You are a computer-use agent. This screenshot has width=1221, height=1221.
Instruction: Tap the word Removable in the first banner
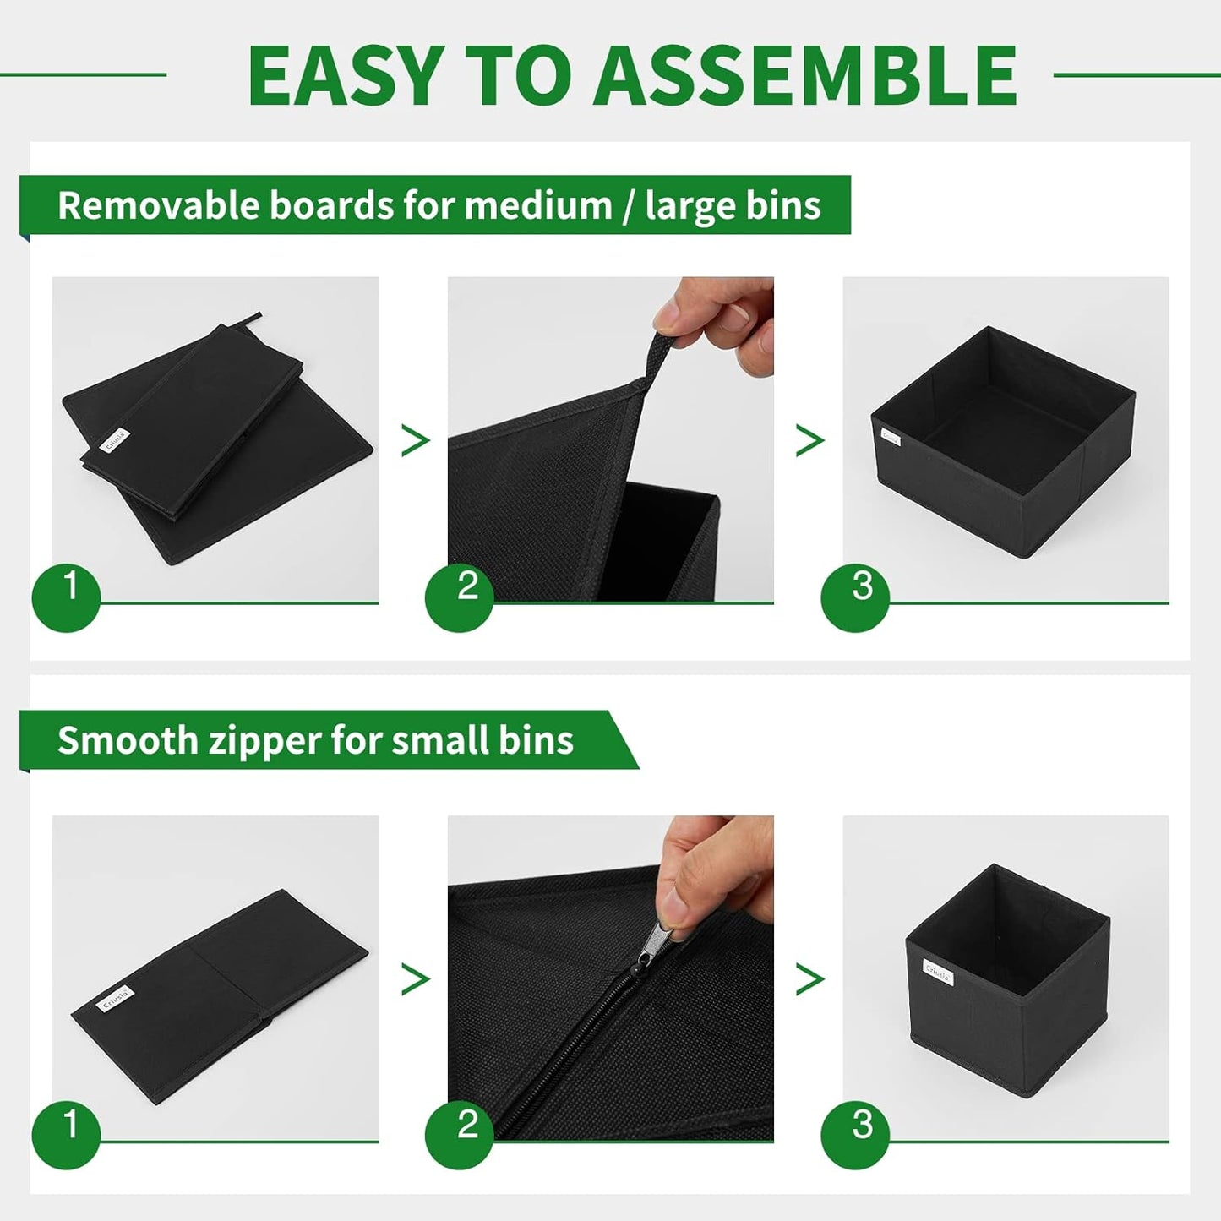(x=158, y=205)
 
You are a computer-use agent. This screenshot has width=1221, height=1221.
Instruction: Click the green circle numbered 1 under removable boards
(x=66, y=597)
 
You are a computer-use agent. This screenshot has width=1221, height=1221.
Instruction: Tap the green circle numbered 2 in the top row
(x=459, y=597)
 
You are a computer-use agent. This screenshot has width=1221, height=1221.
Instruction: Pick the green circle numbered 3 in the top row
(x=855, y=597)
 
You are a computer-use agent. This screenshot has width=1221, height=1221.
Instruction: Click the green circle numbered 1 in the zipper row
(x=66, y=1135)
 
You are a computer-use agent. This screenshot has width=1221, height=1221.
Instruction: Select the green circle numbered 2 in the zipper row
(x=459, y=1135)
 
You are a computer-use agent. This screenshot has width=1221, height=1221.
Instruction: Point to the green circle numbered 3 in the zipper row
(x=855, y=1135)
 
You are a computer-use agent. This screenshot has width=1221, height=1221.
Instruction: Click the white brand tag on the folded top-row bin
(x=114, y=440)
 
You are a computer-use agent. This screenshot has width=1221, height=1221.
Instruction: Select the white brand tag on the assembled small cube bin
(x=938, y=972)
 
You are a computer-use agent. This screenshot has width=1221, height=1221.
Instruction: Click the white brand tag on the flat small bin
(x=114, y=998)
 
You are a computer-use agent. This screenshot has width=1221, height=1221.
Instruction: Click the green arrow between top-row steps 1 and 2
(x=414, y=440)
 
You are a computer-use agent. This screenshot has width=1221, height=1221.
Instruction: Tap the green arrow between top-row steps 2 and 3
(x=809, y=440)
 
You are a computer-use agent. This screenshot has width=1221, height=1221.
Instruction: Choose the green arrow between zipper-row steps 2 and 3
(x=809, y=979)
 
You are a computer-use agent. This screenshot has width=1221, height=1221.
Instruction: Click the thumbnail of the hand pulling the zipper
(x=610, y=978)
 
